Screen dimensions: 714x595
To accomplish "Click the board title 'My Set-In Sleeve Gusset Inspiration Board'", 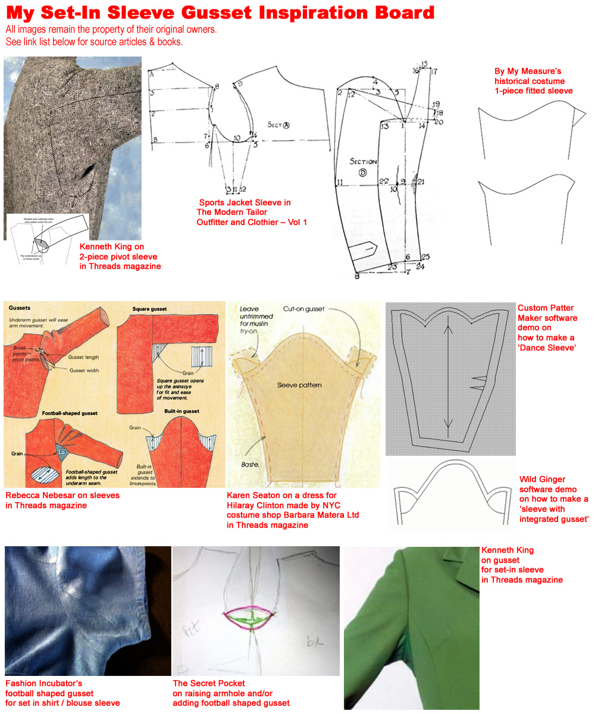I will pos(220,12).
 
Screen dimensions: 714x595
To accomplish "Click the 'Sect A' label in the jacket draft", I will pos(278,125).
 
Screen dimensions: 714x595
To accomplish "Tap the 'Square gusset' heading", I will pos(149,309).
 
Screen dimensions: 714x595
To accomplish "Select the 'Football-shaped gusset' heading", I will pos(69,412).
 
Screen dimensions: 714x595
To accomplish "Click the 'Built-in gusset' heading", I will pos(181,411).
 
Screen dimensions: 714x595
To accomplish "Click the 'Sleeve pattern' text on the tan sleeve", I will pos(299,385).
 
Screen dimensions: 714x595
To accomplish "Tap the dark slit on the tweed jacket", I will pos(89,171).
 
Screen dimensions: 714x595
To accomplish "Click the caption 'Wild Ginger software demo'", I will pos(554,494).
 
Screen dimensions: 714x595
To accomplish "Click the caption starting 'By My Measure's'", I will pos(533,81).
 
